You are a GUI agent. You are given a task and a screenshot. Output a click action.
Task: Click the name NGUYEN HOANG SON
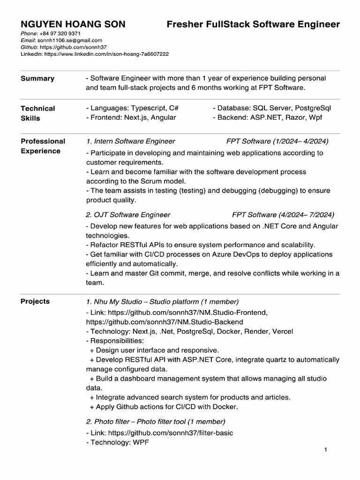[73, 24]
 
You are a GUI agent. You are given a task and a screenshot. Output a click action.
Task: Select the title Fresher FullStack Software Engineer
[253, 24]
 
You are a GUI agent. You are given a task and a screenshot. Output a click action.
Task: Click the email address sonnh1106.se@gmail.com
[70, 41]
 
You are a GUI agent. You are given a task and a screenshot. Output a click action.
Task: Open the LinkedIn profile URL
[106, 54]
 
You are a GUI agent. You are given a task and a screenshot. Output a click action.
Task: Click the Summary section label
[37, 78]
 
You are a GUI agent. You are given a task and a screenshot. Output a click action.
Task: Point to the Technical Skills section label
[37, 113]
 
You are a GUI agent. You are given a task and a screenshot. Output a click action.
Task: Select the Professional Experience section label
[43, 146]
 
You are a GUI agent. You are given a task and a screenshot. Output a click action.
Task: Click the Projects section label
[35, 301]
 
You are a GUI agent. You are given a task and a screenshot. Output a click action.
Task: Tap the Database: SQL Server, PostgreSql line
[271, 108]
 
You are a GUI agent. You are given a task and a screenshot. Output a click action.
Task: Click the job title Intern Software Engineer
[131, 141]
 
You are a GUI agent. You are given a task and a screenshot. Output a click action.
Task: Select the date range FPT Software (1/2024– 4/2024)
[277, 141]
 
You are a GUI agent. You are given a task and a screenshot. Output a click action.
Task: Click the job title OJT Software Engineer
[128, 215]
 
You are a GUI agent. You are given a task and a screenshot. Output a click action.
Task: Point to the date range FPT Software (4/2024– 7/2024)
[283, 215]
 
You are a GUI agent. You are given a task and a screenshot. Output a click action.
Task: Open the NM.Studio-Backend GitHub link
[165, 322]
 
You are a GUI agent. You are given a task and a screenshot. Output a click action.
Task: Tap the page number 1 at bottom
[325, 450]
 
